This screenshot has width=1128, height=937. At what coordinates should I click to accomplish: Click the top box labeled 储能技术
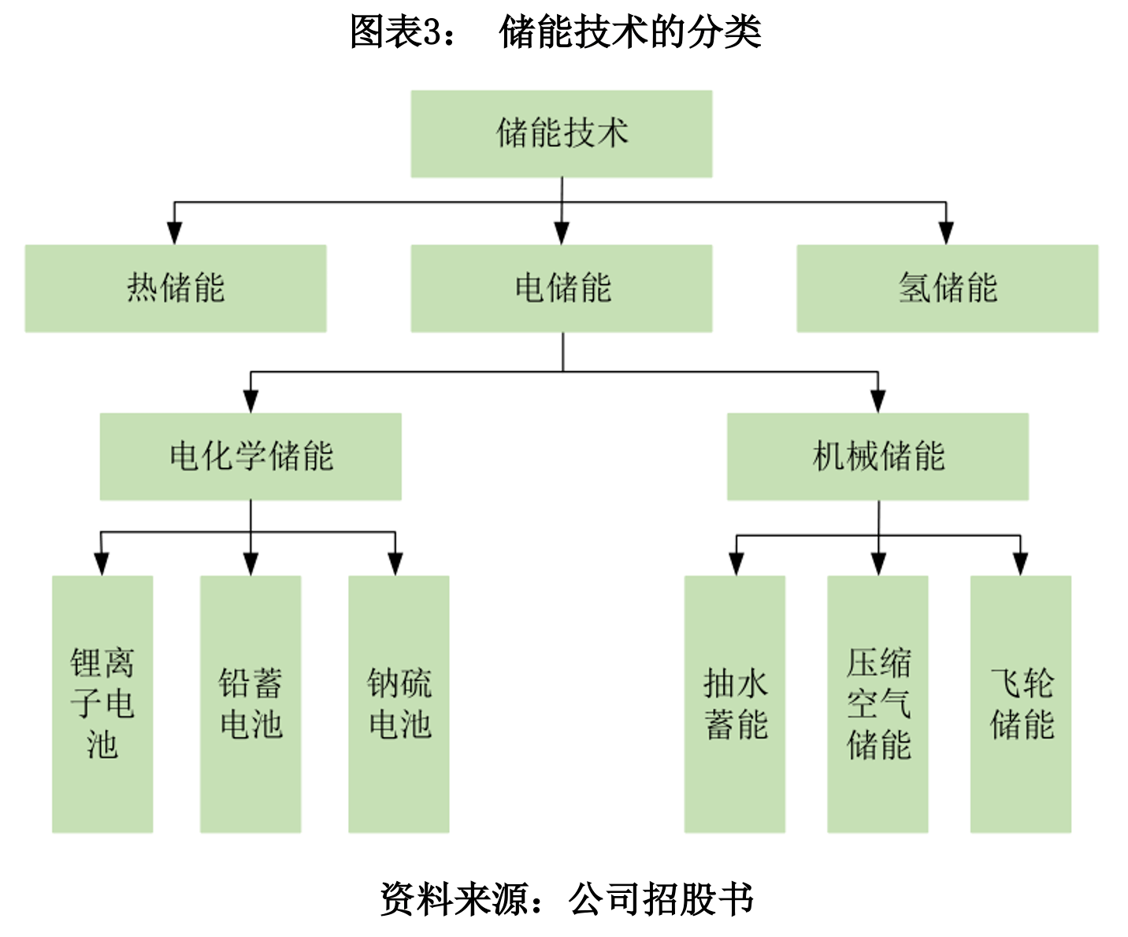pyautogui.click(x=562, y=133)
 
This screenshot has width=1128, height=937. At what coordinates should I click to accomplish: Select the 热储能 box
pyautogui.click(x=176, y=288)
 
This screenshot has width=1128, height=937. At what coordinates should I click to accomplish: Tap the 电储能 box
pyautogui.click(x=562, y=288)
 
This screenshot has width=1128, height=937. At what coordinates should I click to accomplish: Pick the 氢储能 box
pyautogui.click(x=947, y=288)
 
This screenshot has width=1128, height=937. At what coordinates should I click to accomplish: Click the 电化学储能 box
pyautogui.click(x=250, y=457)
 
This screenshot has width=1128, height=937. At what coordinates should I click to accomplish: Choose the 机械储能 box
pyautogui.click(x=878, y=457)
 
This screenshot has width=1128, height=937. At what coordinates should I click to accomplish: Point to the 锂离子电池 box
pyautogui.click(x=102, y=704)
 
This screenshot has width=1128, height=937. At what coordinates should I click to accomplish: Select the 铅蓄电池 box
pyautogui.click(x=250, y=704)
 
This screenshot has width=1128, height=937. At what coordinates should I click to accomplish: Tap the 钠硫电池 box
pyautogui.click(x=399, y=704)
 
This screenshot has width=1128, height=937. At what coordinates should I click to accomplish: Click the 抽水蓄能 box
pyautogui.click(x=735, y=704)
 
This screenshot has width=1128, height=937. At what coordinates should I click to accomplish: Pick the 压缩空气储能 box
pyautogui.click(x=878, y=704)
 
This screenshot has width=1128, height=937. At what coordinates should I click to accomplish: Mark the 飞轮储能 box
pyautogui.click(x=1021, y=704)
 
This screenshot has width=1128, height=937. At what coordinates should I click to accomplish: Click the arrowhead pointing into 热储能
pyautogui.click(x=175, y=233)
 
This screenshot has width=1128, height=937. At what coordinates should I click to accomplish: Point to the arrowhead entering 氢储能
pyautogui.click(x=946, y=233)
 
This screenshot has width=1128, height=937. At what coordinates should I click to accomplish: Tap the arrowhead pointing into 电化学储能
pyautogui.click(x=250, y=402)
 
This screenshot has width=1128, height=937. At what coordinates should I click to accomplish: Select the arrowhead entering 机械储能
pyautogui.click(x=878, y=402)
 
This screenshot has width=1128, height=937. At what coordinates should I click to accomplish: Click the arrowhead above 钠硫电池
pyautogui.click(x=395, y=564)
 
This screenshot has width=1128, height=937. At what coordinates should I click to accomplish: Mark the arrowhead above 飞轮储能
pyautogui.click(x=1020, y=564)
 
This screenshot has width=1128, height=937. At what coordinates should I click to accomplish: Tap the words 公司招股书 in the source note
pyautogui.click(x=661, y=899)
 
